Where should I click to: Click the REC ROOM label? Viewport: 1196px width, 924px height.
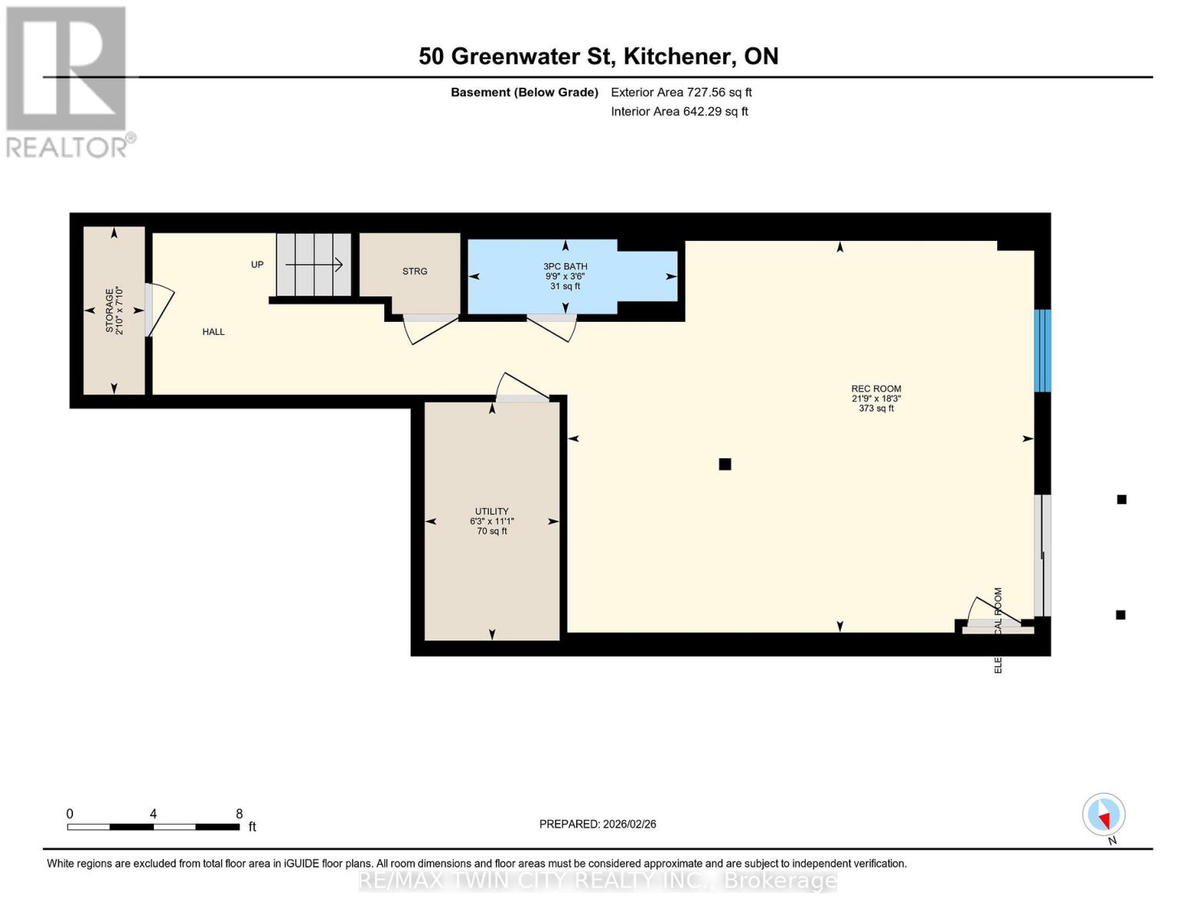coord(876,389)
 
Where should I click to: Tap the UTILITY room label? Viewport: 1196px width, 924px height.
coord(491,511)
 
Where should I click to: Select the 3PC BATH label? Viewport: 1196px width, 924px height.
coord(565,266)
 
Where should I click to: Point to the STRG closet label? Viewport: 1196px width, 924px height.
coord(414,271)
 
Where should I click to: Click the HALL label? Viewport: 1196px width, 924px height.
coord(213,332)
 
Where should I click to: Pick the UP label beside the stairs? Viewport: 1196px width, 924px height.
coord(257,265)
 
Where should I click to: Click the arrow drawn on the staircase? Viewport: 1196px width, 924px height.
coord(314,265)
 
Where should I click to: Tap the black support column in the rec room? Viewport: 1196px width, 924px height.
coord(725,464)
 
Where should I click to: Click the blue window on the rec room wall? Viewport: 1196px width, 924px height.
coord(1042,350)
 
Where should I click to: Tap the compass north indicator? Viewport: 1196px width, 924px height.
coord(1104,815)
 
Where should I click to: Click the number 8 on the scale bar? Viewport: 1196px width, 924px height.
coord(240,814)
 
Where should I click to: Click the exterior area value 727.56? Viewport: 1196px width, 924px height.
coord(706,92)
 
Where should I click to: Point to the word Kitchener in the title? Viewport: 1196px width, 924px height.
coord(677,56)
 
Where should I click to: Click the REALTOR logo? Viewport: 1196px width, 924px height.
coord(68,81)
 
